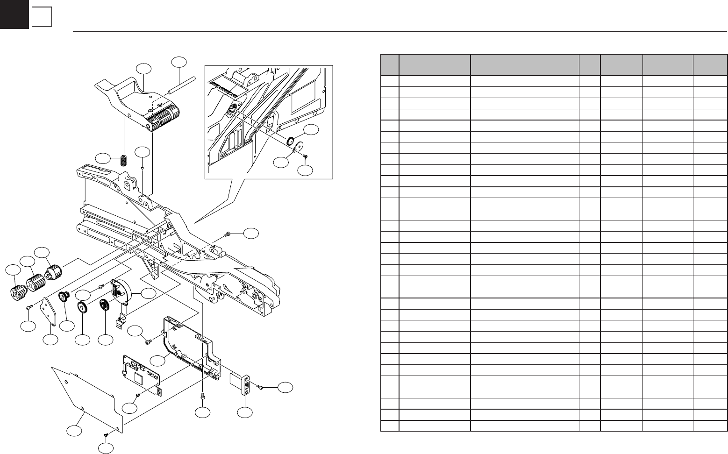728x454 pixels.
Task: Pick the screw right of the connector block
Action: (x=260, y=387)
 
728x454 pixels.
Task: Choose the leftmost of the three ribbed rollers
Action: (x=17, y=293)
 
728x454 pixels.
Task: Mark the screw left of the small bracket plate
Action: (x=29, y=306)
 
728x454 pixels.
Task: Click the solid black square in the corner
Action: (x=14, y=14)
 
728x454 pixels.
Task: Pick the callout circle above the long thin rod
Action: (x=178, y=62)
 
